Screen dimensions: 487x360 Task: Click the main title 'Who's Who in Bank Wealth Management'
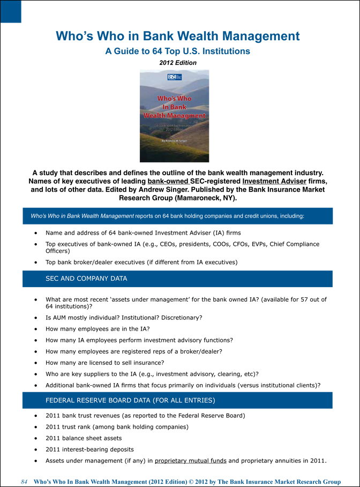coord(177,36)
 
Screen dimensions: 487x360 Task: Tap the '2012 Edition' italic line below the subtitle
coord(178,63)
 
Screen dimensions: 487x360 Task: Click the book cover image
coord(174,116)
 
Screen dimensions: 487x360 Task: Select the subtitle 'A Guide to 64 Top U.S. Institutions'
coord(177,51)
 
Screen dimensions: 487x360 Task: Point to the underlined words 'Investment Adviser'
coord(274,181)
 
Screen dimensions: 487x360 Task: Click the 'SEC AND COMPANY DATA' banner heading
coord(86,279)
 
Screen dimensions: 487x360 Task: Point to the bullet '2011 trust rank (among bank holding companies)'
coord(117,426)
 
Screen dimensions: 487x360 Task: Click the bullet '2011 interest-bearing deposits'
coord(89,449)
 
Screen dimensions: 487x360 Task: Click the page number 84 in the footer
coord(24,482)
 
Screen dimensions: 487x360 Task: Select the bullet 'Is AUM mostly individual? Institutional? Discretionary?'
coord(124,317)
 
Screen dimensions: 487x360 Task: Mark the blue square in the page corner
coord(10,11)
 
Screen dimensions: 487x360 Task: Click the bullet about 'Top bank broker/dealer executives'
coord(141,262)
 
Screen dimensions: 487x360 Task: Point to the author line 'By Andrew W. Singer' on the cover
coord(175,140)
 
